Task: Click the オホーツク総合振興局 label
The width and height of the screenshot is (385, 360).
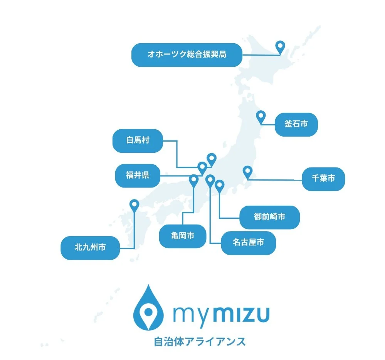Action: (187, 55)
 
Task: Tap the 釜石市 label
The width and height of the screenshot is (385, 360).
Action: (296, 124)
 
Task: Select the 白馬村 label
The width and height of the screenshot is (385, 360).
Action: (138, 140)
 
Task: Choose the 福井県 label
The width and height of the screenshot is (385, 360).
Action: (138, 176)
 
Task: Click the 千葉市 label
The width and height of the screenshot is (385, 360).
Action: (323, 179)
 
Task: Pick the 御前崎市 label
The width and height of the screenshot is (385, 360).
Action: (269, 217)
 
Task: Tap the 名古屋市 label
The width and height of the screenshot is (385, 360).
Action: (248, 243)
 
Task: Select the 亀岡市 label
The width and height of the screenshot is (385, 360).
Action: (183, 236)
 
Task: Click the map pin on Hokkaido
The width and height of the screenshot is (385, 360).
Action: (280, 47)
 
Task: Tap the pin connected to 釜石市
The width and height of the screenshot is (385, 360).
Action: (261, 116)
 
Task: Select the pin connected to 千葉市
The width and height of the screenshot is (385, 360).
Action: (247, 171)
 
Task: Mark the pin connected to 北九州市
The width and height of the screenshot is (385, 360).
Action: (134, 205)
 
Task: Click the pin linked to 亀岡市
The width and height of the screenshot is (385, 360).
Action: (194, 180)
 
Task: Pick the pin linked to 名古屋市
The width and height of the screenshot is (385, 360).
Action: (210, 180)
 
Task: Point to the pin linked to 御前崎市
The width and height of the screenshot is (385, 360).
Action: (219, 186)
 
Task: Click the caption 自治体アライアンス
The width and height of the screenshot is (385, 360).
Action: (200, 341)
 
